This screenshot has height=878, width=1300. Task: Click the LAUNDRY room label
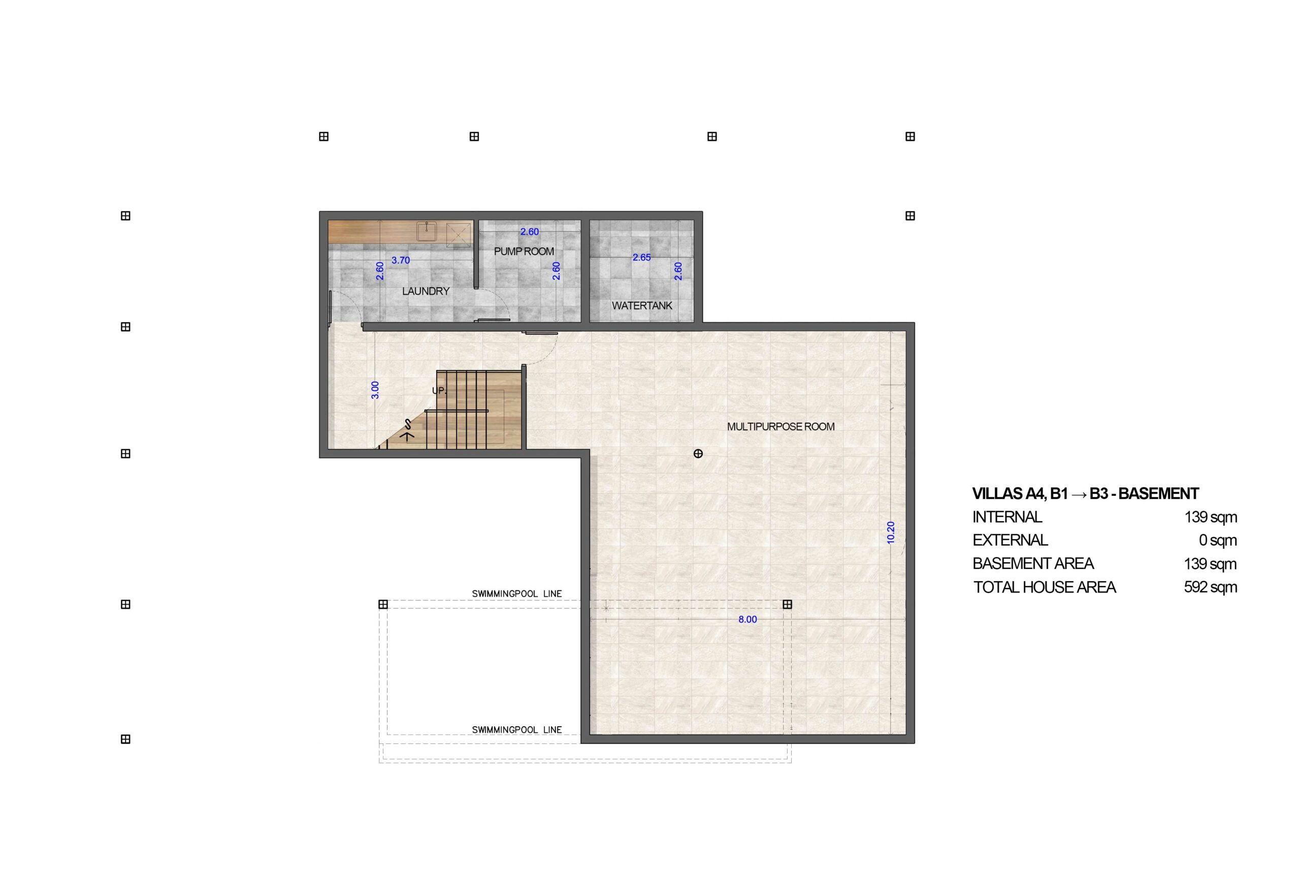426,291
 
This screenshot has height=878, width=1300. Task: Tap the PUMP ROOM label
524,252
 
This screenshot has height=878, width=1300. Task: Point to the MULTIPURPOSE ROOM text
781,426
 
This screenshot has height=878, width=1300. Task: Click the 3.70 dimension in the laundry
401,260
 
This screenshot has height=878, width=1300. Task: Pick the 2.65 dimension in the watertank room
641,258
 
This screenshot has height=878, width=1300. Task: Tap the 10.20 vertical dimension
891,532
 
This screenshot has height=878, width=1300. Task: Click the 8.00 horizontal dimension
747,619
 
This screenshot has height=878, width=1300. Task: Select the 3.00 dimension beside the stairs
375,390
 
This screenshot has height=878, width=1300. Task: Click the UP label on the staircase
439,391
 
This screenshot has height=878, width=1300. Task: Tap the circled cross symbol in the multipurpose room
698,454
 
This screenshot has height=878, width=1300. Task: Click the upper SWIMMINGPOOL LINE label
517,594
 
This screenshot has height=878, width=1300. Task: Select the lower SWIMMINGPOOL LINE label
517,730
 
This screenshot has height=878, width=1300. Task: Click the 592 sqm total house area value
1211,587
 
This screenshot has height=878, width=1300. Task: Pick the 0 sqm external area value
1218,540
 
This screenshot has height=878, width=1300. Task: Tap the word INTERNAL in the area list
1007,517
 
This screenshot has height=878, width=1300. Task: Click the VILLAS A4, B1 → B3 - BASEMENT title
1085,493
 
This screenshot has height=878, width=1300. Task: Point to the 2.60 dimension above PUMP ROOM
529,232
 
